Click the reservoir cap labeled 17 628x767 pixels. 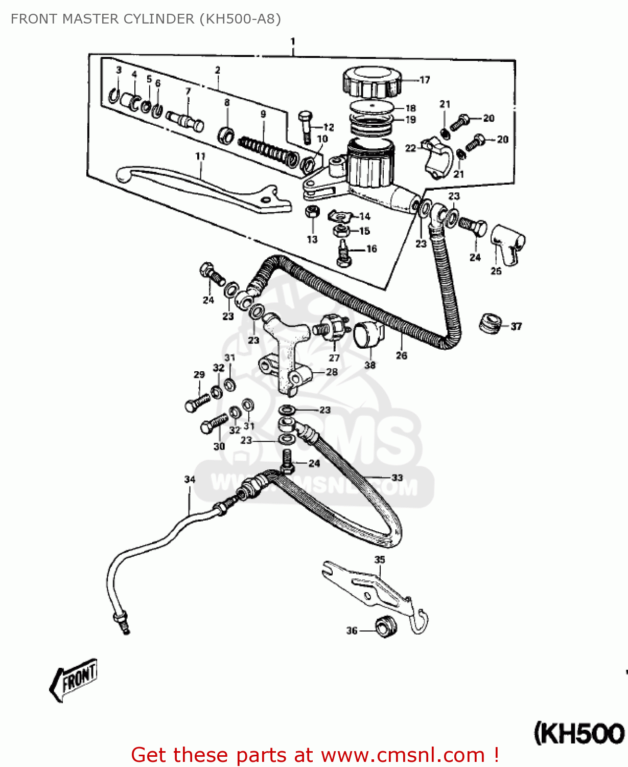click(x=371, y=82)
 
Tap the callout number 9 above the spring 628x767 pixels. click(x=263, y=114)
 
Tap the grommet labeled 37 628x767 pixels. click(x=489, y=324)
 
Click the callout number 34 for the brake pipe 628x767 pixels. click(x=190, y=479)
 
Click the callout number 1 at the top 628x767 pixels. click(x=293, y=41)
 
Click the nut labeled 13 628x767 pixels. click(x=312, y=212)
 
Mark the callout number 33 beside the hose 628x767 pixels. click(x=397, y=478)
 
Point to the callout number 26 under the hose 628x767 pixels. click(x=402, y=355)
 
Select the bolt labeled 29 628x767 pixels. click(x=197, y=402)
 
